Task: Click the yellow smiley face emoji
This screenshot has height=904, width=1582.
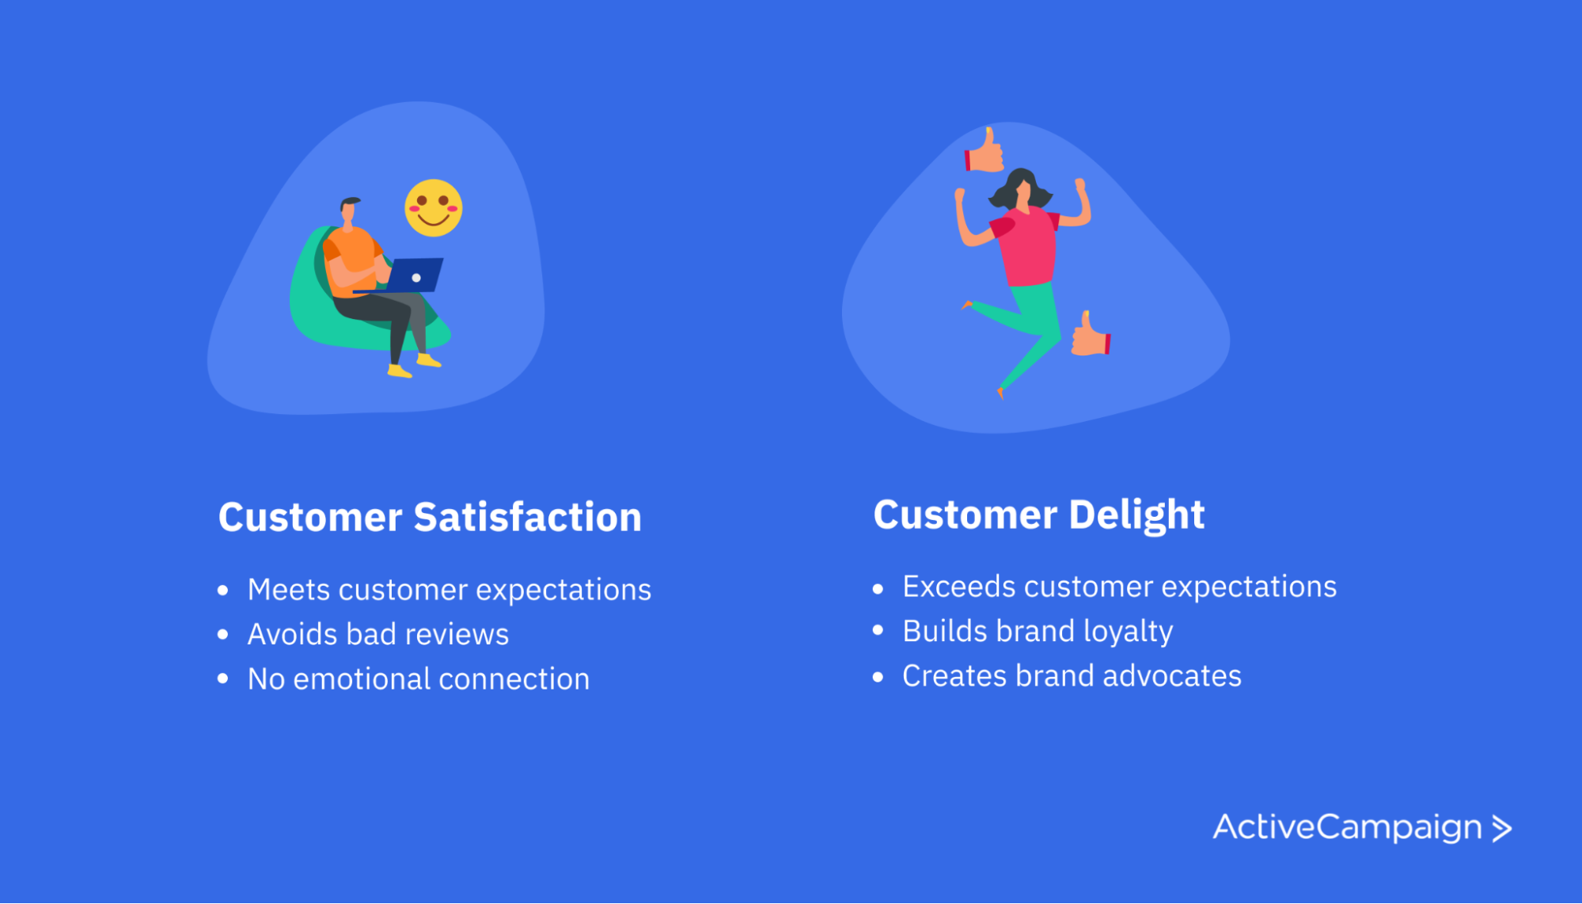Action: point(433,208)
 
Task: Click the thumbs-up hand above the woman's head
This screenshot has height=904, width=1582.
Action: point(984,150)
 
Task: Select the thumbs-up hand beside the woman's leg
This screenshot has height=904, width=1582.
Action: point(1091,334)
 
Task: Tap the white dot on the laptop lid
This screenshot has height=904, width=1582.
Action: point(416,278)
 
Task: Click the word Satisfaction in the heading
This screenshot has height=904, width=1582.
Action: point(527,517)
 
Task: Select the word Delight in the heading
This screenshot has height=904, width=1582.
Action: point(1136,515)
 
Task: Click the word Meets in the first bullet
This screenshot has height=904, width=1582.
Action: point(288,590)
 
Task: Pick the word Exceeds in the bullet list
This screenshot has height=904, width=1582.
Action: point(958,587)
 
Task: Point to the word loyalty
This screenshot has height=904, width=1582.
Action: point(1128,632)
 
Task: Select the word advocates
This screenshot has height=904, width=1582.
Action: point(1171,676)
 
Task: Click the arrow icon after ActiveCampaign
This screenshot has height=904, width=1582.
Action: point(1501,828)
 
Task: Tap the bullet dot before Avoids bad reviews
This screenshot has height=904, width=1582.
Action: point(223,634)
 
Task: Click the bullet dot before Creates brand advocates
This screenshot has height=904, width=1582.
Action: point(878,677)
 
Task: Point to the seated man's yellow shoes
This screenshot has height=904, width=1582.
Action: point(413,367)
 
